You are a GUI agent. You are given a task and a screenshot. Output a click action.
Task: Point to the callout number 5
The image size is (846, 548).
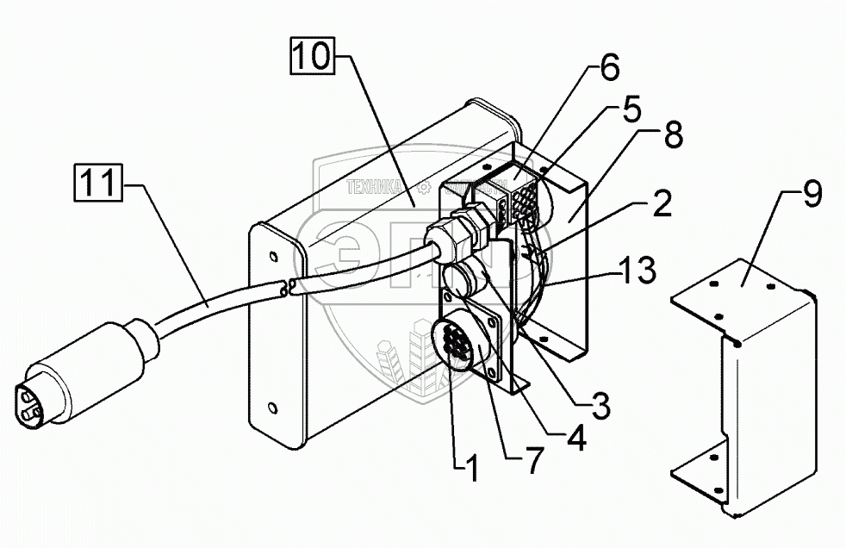point(631,111)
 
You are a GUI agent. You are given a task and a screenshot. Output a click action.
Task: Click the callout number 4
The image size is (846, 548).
point(575,439)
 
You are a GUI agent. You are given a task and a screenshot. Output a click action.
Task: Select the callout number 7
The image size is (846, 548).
point(535,462)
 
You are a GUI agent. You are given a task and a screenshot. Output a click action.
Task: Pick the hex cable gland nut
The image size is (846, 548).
point(469,229)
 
